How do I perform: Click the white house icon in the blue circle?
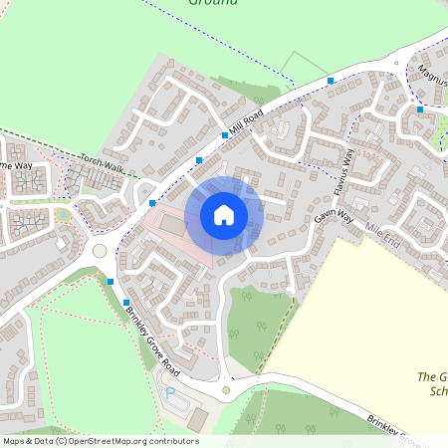223,214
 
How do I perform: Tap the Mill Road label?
245,123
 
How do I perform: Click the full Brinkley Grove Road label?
151,338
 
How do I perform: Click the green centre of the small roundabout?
226,390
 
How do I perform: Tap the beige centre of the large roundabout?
100,250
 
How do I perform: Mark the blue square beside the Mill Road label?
224,134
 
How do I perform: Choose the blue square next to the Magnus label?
420,109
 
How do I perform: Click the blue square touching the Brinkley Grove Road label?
126,302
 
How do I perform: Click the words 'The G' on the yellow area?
431,376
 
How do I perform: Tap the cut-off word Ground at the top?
213,3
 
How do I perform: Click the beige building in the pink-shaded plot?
172,226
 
